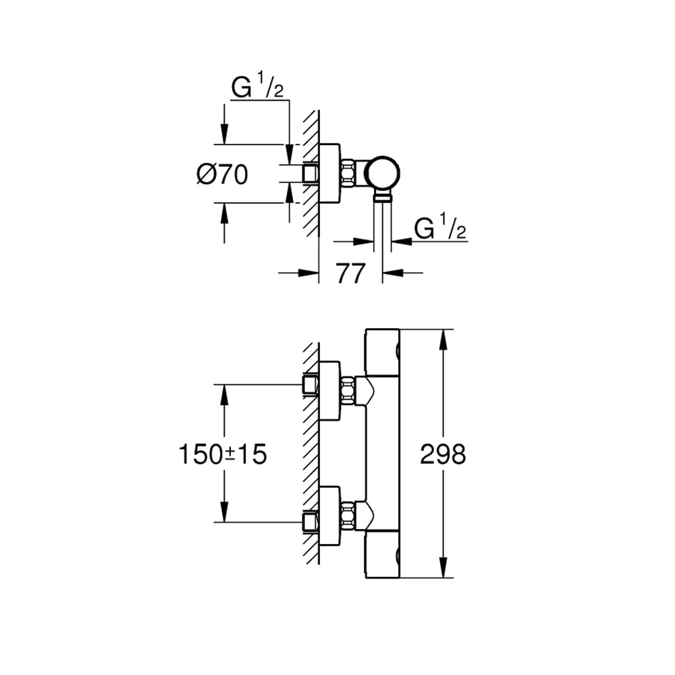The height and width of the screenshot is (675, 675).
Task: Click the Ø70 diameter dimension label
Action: click(x=222, y=175)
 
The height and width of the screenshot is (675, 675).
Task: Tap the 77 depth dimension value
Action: click(x=350, y=273)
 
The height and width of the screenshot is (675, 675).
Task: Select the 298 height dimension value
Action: click(x=443, y=454)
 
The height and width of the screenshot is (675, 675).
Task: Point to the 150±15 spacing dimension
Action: click(x=223, y=454)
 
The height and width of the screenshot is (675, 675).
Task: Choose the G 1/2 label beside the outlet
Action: click(x=440, y=230)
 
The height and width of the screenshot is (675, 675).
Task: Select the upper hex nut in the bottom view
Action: click(x=349, y=390)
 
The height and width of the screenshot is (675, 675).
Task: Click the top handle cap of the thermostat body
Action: click(x=382, y=351)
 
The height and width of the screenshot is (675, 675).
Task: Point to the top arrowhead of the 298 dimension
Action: click(x=443, y=337)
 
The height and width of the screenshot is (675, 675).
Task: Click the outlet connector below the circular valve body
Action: click(x=383, y=196)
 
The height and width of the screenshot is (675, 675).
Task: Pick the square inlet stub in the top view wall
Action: click(x=310, y=173)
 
